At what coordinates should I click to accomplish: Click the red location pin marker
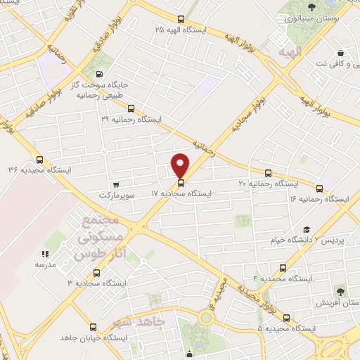pos(181,166)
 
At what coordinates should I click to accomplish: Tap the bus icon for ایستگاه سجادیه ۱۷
pos(181,184)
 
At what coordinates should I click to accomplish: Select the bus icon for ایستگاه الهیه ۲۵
pos(181,20)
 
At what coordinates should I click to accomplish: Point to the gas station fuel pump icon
pos(98,75)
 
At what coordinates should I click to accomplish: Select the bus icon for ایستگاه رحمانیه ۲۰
pos(267,173)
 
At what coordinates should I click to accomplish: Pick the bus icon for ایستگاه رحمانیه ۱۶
pos(320,188)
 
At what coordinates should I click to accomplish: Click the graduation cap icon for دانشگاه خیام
pos(306,230)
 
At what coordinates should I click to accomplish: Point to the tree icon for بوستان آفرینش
pos(340,290)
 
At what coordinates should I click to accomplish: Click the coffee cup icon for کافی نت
pos(340,53)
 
